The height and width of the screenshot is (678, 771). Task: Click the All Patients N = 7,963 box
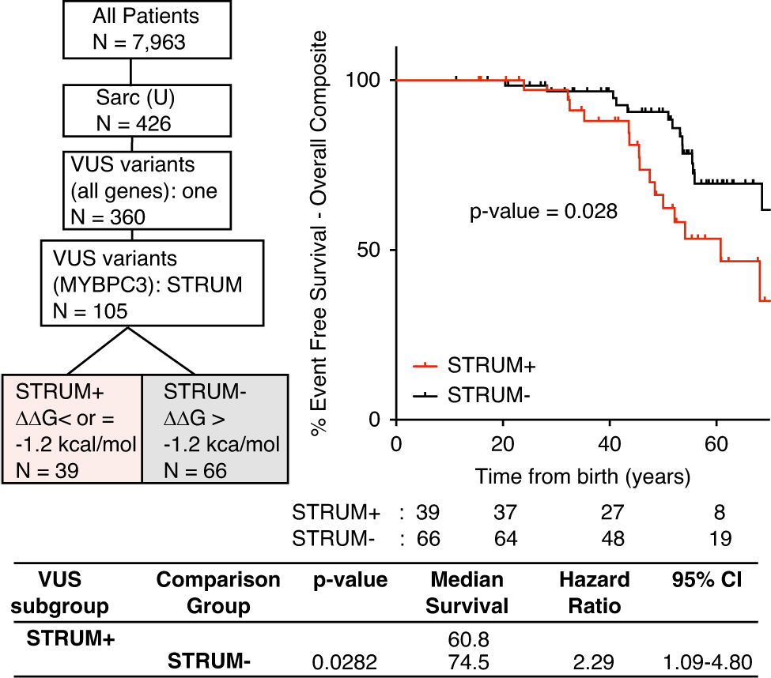click(130, 28)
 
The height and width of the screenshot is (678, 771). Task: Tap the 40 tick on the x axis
click(609, 442)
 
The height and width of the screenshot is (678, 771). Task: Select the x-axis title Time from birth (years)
click(583, 476)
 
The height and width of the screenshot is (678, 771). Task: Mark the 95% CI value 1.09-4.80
click(703, 663)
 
